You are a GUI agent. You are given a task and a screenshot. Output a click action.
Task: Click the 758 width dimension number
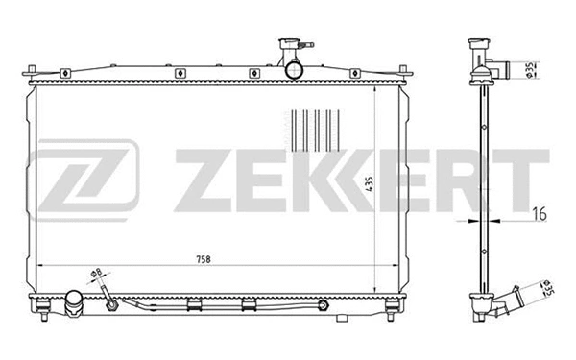203,260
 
